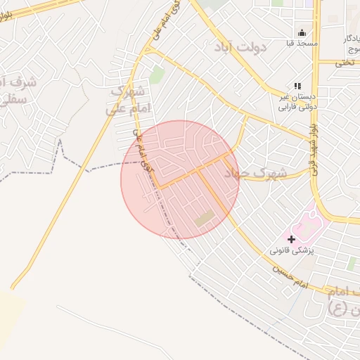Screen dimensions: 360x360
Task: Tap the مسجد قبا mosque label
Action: click(x=302, y=43)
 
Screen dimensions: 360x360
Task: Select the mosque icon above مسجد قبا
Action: click(x=302, y=32)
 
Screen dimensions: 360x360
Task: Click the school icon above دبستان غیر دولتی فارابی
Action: click(x=297, y=86)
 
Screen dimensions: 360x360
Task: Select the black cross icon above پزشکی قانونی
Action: click(x=291, y=239)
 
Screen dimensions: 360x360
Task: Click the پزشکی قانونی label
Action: click(x=291, y=250)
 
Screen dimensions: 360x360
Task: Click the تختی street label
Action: click(x=345, y=63)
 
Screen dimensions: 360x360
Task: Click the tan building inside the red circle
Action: click(x=204, y=219)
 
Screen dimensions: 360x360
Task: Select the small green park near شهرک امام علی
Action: click(x=156, y=75)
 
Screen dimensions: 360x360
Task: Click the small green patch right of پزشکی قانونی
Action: click(x=351, y=263)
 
